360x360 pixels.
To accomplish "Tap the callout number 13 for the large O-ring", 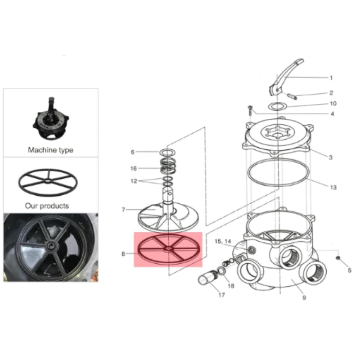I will tap(333, 187).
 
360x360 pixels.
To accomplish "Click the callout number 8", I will tap(123, 254).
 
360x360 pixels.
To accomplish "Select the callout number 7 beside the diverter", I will tap(123, 210).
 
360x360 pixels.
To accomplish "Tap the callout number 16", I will tap(133, 168).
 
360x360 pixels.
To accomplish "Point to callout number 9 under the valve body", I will tap(304, 297).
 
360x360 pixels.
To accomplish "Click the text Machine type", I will tap(50, 150).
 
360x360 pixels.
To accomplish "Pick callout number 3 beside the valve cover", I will tap(330, 157).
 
